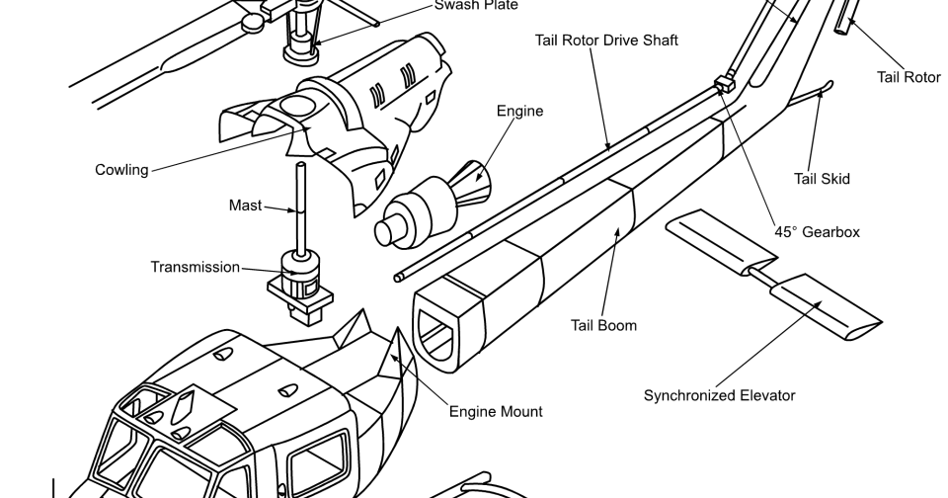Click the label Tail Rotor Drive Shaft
point(605,41)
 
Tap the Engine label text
point(519,112)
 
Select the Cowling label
point(121,170)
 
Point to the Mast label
point(246,206)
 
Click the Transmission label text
point(195,267)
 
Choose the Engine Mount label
point(496,411)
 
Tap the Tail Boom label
point(603,325)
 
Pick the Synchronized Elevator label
point(719,395)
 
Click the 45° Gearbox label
point(817,232)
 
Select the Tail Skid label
point(822,179)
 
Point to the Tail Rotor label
point(908,77)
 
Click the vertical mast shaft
point(297,207)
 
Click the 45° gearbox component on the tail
point(723,81)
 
